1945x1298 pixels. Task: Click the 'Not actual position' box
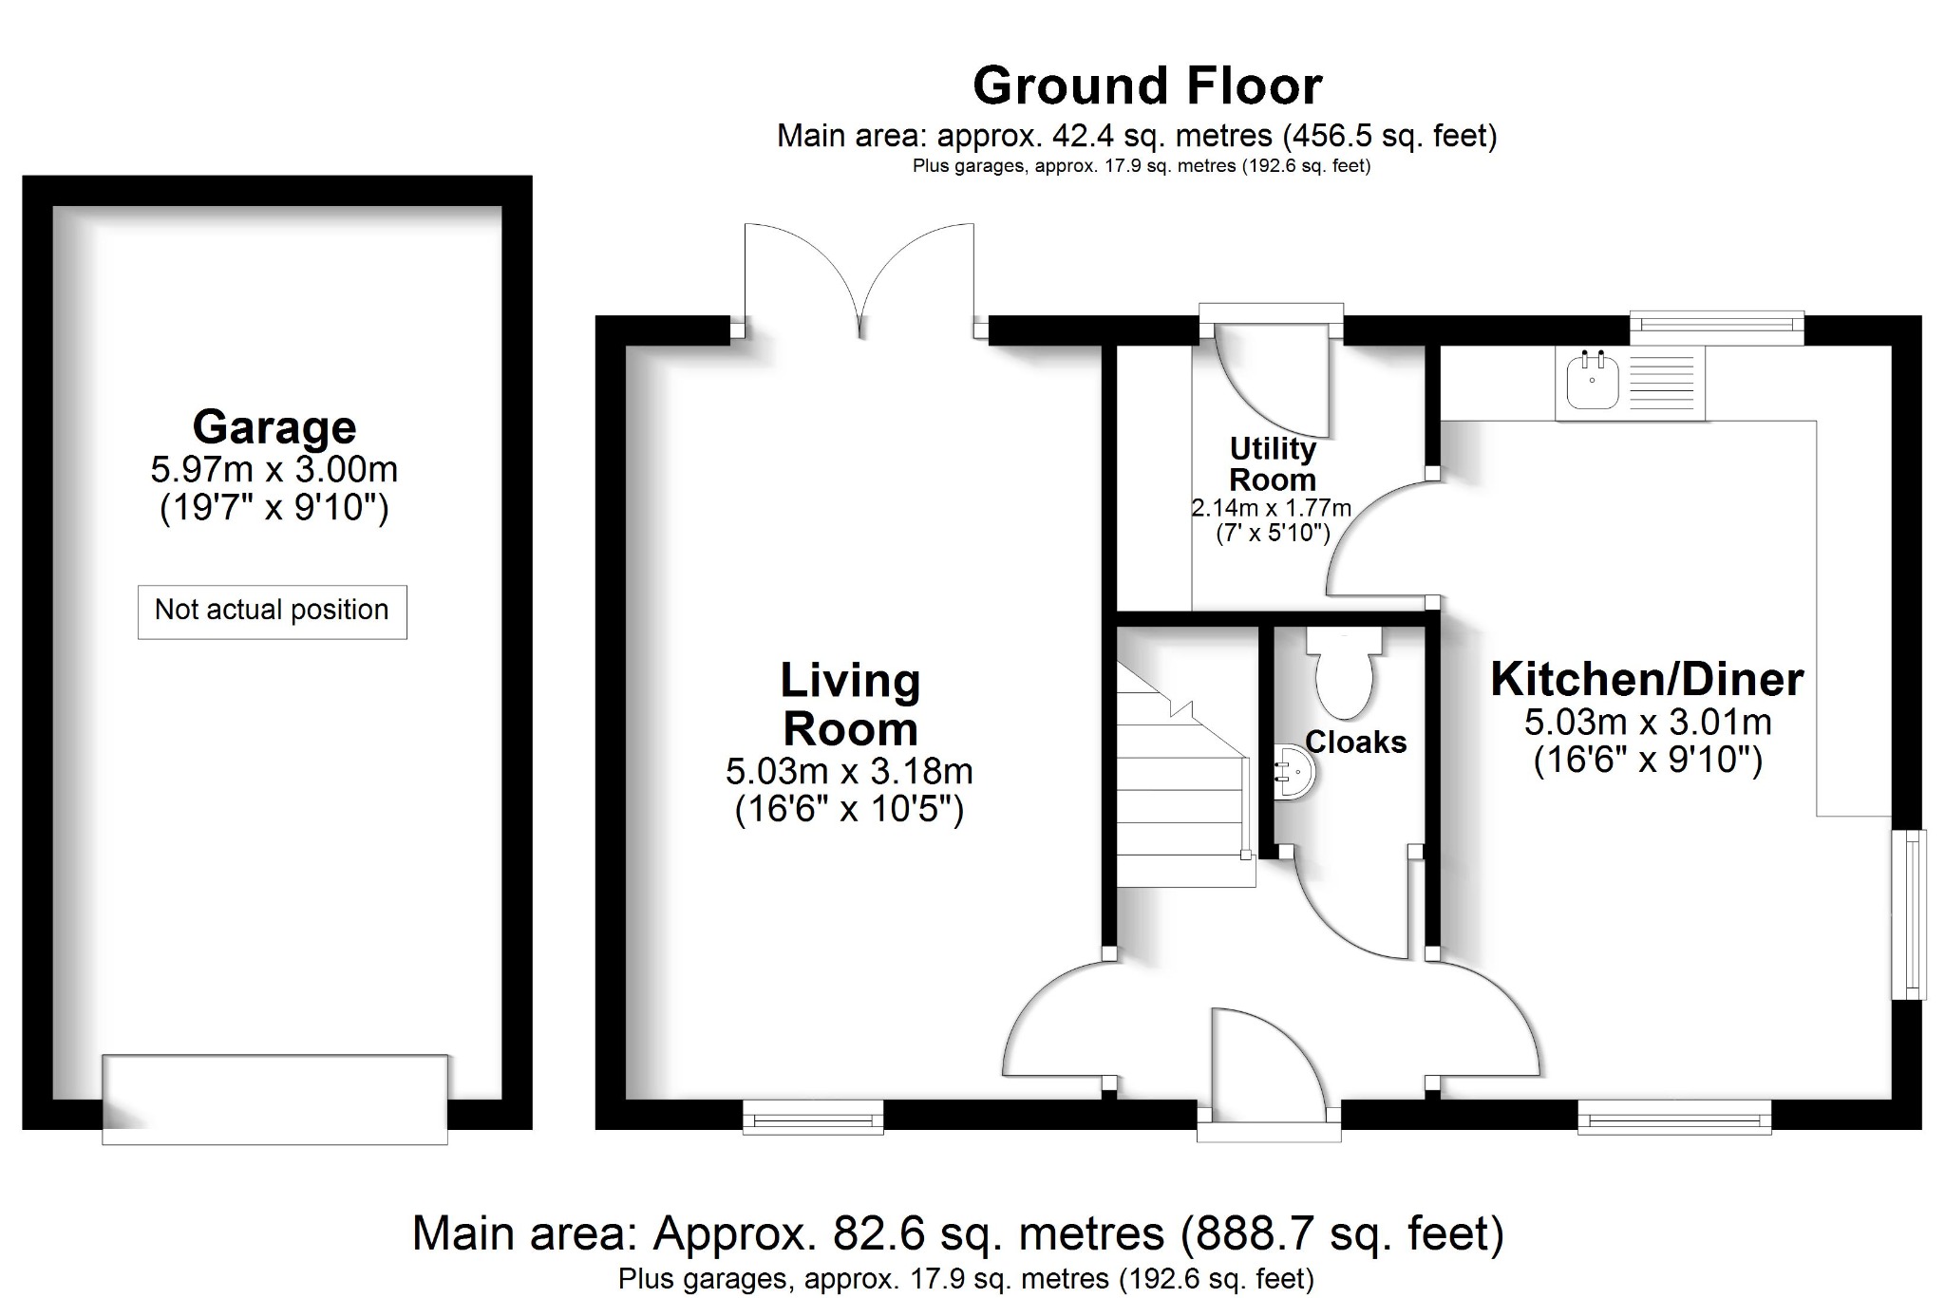point(272,611)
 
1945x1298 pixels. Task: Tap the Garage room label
point(274,426)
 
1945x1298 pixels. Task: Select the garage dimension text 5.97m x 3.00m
point(274,469)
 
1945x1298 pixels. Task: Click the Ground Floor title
point(1147,86)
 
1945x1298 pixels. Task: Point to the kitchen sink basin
point(1592,383)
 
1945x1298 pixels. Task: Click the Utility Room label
point(1272,463)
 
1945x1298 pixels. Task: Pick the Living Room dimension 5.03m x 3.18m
point(849,771)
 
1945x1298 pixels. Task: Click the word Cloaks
point(1355,743)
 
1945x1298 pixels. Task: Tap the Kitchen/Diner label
point(1647,680)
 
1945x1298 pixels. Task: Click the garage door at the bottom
point(274,1099)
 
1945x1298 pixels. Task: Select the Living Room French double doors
point(859,281)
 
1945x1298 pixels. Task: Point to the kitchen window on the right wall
point(1909,914)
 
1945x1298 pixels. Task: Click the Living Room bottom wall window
point(812,1117)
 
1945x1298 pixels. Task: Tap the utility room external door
point(1273,375)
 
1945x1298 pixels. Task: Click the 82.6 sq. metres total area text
point(957,1234)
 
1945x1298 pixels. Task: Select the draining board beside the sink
point(1662,383)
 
